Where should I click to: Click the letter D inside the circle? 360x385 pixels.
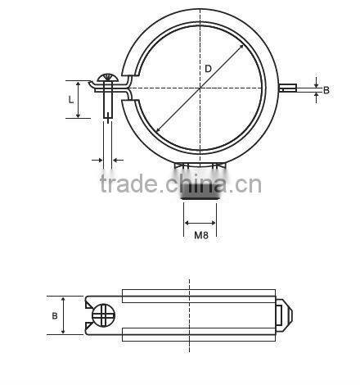pyautogui.click(x=208, y=70)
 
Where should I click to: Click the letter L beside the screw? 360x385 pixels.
pyautogui.click(x=71, y=100)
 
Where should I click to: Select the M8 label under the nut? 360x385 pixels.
pyautogui.click(x=200, y=236)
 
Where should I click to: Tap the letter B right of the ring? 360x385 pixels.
pyautogui.click(x=326, y=90)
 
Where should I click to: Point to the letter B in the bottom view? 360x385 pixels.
pyautogui.click(x=55, y=314)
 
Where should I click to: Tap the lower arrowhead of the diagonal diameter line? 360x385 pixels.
pyautogui.click(x=158, y=134)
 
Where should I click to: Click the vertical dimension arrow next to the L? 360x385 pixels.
pyautogui.click(x=79, y=100)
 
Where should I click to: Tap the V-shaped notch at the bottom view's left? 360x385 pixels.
pyautogui.click(x=90, y=315)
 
